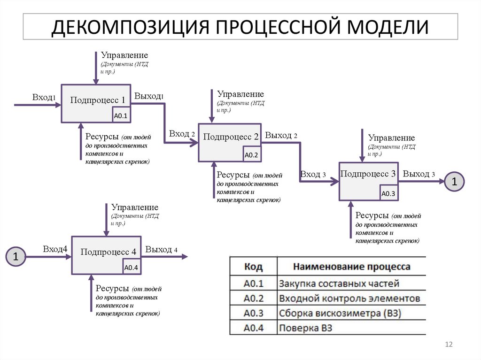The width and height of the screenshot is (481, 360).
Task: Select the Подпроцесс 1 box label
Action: pyautogui.click(x=98, y=100)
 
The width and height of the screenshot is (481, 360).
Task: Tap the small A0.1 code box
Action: pyautogui.click(x=121, y=115)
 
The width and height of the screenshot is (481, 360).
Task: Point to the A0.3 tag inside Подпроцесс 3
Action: pyautogui.click(x=388, y=193)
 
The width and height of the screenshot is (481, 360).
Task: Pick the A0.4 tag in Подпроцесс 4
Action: pyautogui.click(x=131, y=268)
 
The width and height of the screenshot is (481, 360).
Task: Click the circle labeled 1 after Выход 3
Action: pyautogui.click(x=454, y=182)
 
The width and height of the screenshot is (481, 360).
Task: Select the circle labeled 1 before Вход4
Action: pyautogui.click(x=16, y=257)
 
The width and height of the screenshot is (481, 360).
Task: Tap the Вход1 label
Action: pyautogui.click(x=44, y=97)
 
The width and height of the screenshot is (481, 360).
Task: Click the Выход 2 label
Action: pyautogui.click(x=281, y=135)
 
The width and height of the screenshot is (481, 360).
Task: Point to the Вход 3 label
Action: pyautogui.click(x=313, y=174)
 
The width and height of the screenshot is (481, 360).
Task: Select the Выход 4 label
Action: pyautogui.click(x=161, y=249)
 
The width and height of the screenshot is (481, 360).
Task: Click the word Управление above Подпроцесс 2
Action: pyautogui.click(x=240, y=94)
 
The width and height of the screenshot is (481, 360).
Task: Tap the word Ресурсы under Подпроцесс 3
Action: pyautogui.click(x=372, y=215)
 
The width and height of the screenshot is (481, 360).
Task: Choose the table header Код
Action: pyautogui.click(x=254, y=267)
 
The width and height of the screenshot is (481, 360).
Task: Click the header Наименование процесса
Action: pyautogui.click(x=351, y=267)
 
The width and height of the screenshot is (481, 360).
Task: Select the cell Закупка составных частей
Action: pyautogui.click(x=339, y=283)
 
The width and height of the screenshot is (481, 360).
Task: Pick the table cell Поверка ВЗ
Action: pyautogui.click(x=305, y=328)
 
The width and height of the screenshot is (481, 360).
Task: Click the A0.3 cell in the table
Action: pyautogui.click(x=254, y=313)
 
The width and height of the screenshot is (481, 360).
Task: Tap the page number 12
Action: pyautogui.click(x=448, y=345)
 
